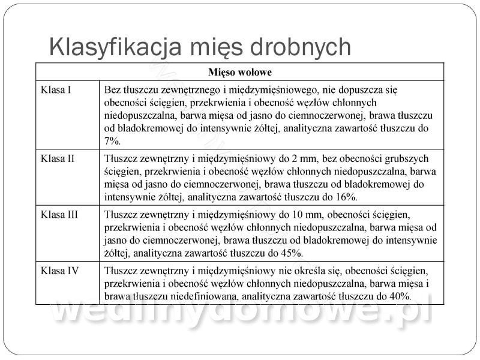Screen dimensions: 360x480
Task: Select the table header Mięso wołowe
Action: (240, 73)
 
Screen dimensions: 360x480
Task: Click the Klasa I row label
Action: (56, 90)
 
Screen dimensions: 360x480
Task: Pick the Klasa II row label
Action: (58, 159)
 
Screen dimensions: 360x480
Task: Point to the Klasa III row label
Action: (59, 214)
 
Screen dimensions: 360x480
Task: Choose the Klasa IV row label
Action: (59, 270)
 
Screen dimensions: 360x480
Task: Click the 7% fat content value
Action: (112, 142)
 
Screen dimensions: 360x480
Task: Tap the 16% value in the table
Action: (347, 196)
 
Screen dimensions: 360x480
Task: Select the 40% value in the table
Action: (399, 296)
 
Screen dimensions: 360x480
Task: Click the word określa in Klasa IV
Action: (324, 270)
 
